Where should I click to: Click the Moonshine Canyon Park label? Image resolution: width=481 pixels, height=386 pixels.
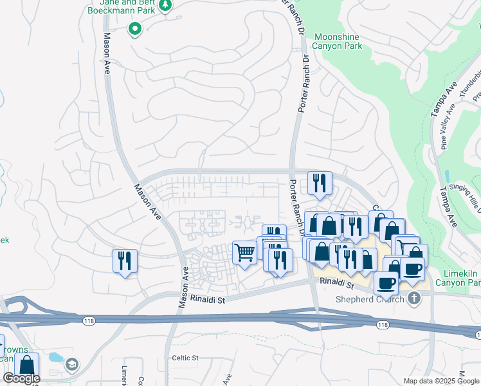coord(337,41)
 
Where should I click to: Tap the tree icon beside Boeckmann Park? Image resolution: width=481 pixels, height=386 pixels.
coord(166,5)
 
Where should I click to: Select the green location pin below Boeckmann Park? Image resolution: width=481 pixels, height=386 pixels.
coord(135,28)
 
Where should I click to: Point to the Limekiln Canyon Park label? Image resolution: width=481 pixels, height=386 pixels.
coord(458,278)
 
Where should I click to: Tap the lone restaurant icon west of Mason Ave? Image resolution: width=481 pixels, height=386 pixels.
coord(124,261)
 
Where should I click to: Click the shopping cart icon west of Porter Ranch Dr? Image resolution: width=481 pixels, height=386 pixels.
coord(244,252)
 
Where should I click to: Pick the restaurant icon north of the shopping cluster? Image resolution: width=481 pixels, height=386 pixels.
coord(318,183)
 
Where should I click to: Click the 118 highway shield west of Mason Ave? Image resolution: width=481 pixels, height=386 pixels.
coord(88,319)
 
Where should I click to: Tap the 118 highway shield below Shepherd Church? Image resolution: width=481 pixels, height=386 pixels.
coord(383,326)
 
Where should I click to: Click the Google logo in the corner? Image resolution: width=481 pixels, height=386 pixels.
coord(21,378)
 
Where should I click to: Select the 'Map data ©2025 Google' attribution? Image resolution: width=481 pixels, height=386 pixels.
coord(441,381)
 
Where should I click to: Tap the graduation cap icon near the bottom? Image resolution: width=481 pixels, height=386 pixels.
coord(71,365)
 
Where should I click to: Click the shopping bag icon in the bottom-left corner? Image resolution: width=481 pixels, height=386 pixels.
coord(27,364)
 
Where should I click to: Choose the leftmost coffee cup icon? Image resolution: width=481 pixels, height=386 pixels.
coord(386,282)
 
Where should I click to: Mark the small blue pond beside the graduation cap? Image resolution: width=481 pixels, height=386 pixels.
coord(55,357)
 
